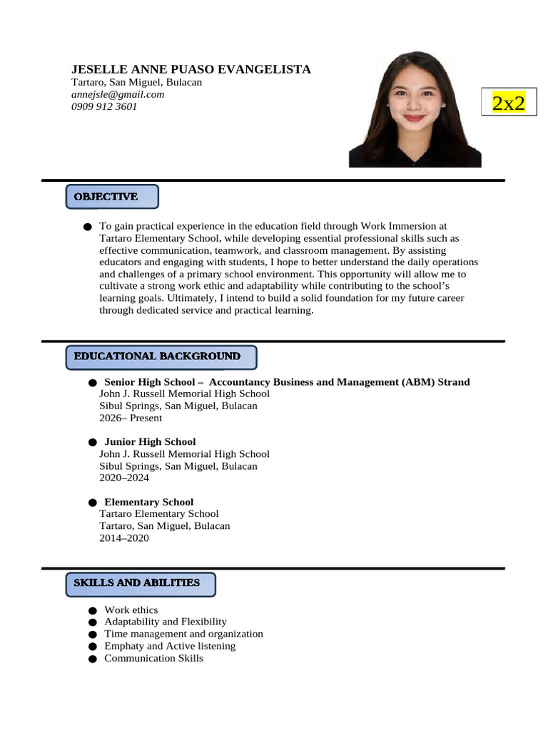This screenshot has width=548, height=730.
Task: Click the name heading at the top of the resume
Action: coord(191,69)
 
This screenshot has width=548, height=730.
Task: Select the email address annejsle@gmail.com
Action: coord(118,94)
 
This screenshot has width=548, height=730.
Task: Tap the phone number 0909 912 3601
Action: coord(104,106)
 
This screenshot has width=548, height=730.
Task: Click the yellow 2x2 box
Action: coord(509,103)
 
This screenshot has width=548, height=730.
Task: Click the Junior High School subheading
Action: coord(150,441)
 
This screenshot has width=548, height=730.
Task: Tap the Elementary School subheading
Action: coord(148,502)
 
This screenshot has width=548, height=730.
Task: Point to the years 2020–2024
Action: coord(124,478)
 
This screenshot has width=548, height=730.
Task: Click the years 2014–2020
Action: coord(124,538)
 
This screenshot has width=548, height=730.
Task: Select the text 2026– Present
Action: coord(131,418)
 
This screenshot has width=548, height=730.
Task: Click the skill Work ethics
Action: coord(131,610)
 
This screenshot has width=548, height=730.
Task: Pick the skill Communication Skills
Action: coord(153,658)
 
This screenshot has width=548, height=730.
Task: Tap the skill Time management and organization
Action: coord(183,634)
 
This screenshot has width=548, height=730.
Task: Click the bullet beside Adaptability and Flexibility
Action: coord(92,622)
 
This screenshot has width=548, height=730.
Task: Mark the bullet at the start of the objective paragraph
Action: coord(87,227)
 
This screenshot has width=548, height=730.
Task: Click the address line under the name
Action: coord(136,82)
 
